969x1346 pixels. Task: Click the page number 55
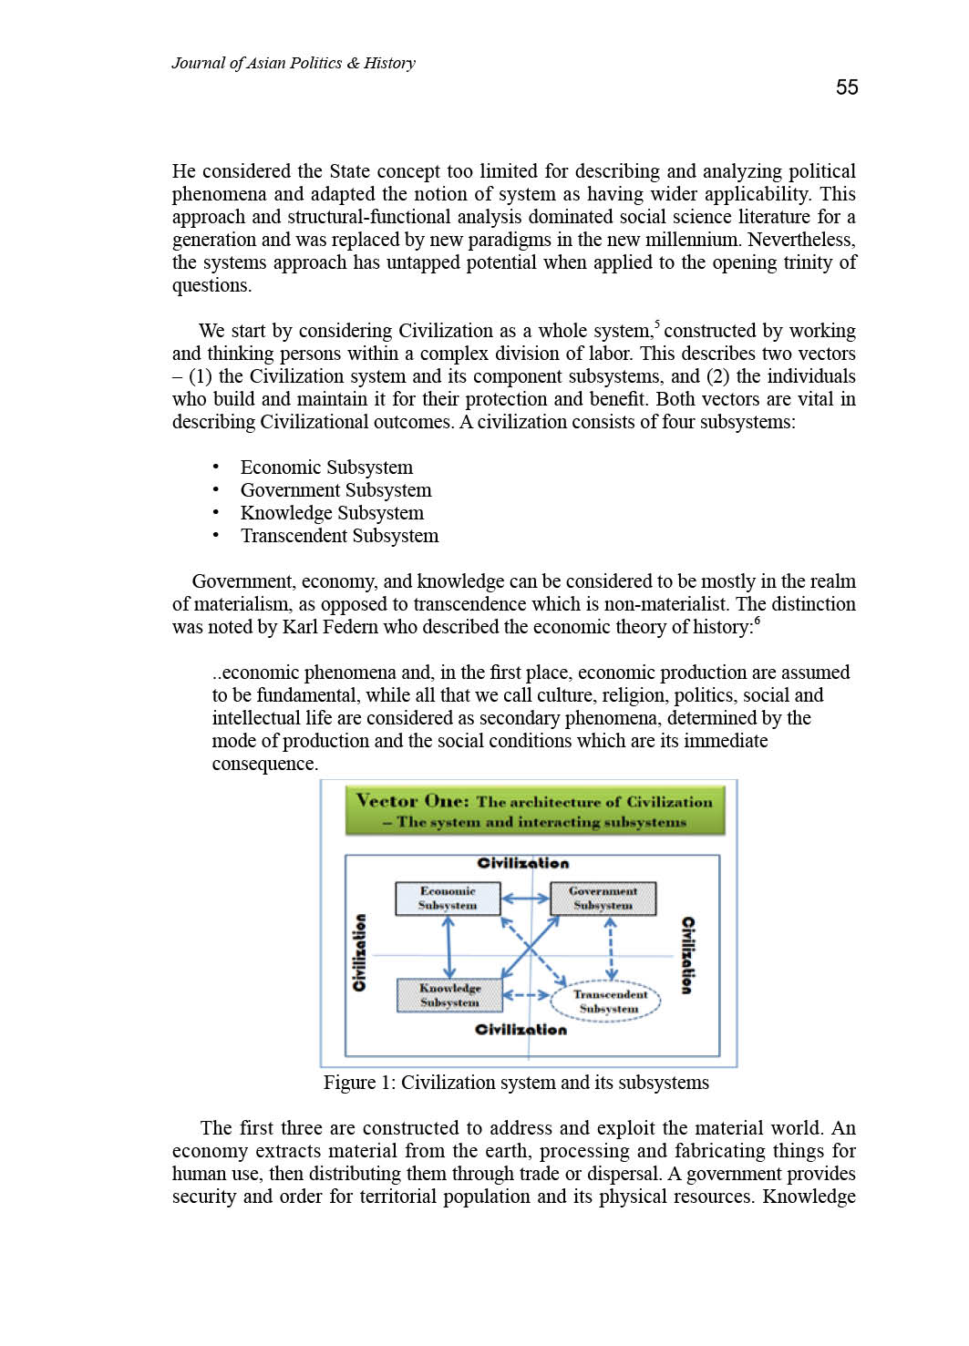847,87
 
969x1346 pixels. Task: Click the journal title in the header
293,63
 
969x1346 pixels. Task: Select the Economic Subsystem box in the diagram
448,899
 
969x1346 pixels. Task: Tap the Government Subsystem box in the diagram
603,899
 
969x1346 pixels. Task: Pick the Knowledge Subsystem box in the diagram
449,995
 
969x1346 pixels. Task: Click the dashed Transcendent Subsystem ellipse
609,1002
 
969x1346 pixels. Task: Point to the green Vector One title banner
535,810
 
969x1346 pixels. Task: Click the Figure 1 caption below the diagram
516,1083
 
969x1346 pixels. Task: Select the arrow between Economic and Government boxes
526,899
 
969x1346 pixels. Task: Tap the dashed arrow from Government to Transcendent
611,949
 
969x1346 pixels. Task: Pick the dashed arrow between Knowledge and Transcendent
526,995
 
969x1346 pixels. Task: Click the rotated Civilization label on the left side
360,952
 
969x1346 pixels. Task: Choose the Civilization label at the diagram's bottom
521,1030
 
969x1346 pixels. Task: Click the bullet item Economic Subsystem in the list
326,468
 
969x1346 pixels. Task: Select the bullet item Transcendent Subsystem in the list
339,536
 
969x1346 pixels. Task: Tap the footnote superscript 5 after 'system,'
657,324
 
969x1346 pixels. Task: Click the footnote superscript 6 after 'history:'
757,621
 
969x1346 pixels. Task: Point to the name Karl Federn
331,627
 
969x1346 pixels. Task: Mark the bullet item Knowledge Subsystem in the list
332,513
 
